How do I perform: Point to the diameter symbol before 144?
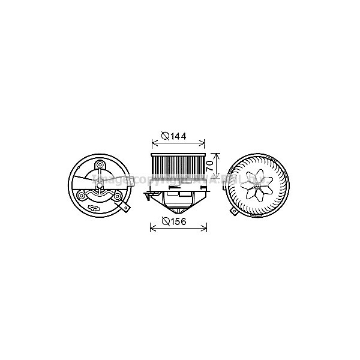(x=164, y=136)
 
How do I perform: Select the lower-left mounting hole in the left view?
(x=82, y=194)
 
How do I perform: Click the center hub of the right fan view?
(x=257, y=187)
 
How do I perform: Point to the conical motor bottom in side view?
(x=178, y=208)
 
